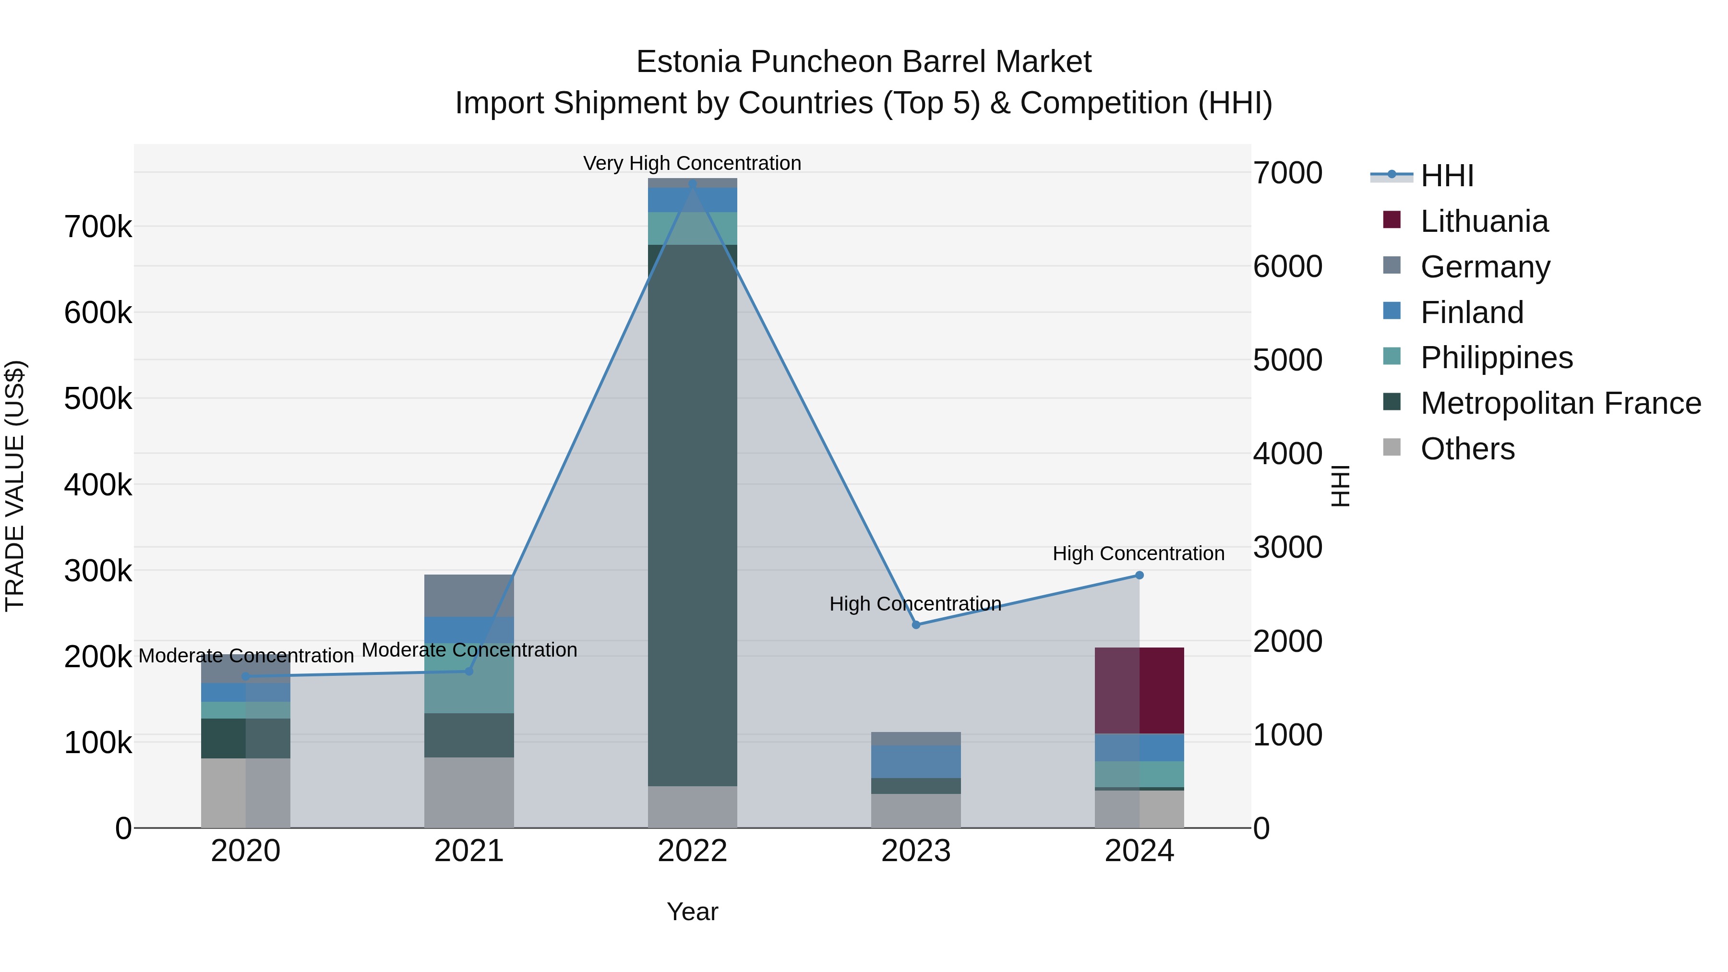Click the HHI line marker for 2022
(x=692, y=184)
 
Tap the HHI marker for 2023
(x=916, y=624)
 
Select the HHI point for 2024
(x=1139, y=575)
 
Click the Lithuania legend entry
(x=1484, y=221)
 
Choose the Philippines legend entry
(x=1496, y=358)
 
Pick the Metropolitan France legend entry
(x=1560, y=403)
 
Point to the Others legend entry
(x=1467, y=449)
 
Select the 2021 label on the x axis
(x=469, y=851)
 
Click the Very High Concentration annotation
(x=692, y=163)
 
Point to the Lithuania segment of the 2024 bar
(x=1139, y=690)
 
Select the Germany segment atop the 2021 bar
(x=469, y=595)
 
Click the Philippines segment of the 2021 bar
(x=469, y=678)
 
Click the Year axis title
(x=692, y=912)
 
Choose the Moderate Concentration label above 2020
(x=246, y=655)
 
